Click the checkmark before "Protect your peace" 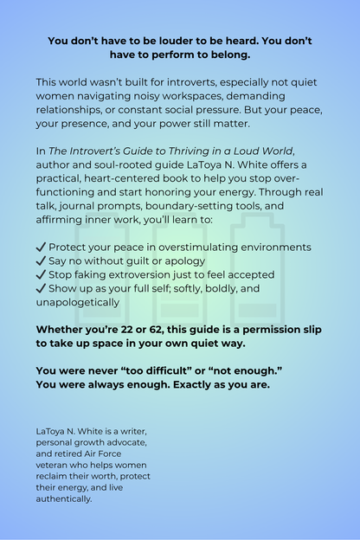click(42, 247)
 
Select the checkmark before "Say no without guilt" click(42, 261)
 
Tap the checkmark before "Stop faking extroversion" click(42, 275)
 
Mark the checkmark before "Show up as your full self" click(42, 289)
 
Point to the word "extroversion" click(148, 275)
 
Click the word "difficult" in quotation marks click(172, 371)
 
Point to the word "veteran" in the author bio click(55, 465)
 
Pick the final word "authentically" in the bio click(63, 498)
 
